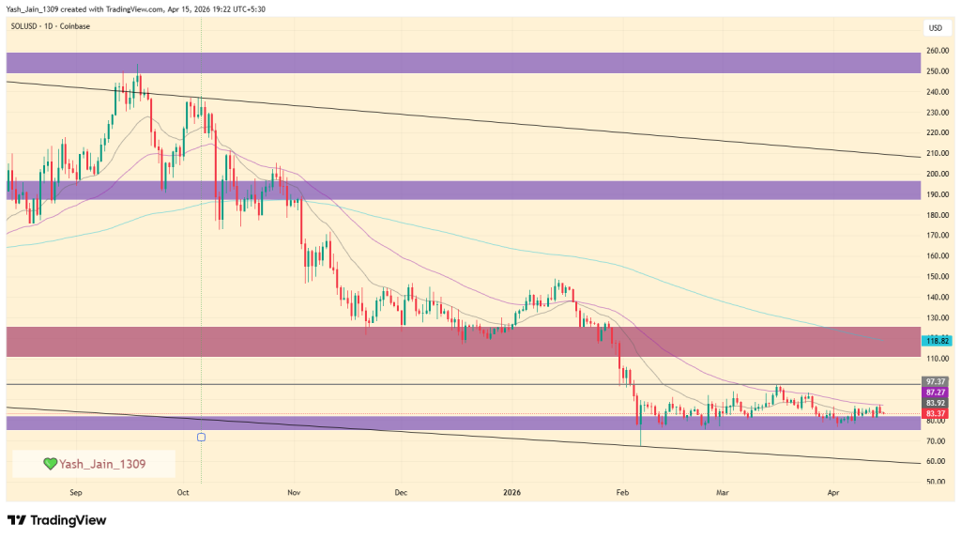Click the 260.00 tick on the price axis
point(936,51)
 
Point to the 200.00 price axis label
point(936,174)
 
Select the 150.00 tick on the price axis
point(936,276)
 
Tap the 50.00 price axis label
point(936,482)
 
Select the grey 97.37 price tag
point(936,381)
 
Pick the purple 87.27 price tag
point(936,392)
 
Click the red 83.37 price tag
point(936,413)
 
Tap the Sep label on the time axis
point(76,492)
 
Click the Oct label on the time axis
point(183,492)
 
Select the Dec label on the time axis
point(401,492)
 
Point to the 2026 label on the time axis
point(511,492)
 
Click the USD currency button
point(936,27)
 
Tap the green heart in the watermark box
point(50,463)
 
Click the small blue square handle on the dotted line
point(201,437)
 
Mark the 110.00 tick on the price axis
point(936,359)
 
